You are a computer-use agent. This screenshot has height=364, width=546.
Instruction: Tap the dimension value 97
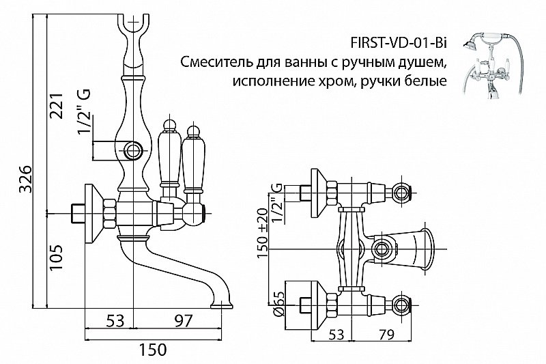179,320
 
